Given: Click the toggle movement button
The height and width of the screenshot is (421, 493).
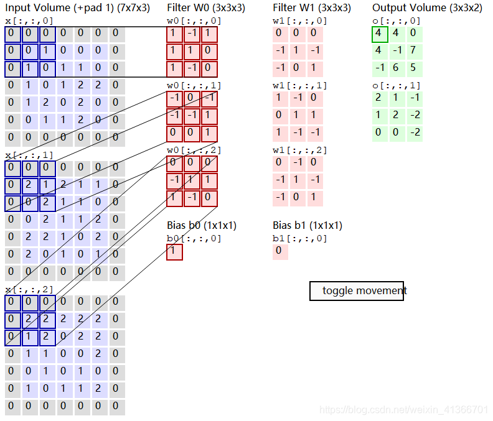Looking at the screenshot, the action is [x=357, y=290].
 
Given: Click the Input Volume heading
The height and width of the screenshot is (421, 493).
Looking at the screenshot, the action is [x=77, y=8].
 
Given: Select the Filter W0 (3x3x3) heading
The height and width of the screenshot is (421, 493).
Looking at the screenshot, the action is [x=205, y=8].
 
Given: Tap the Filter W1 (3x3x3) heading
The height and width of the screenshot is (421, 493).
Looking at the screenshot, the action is [x=311, y=8].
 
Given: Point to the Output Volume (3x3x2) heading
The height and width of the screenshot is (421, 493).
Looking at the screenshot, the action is [x=426, y=8].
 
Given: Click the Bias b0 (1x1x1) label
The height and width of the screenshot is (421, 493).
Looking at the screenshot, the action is [x=202, y=225].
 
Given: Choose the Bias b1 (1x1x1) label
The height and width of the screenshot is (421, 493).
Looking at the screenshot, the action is [x=308, y=225].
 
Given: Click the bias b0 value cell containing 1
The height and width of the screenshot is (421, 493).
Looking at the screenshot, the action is [x=174, y=252].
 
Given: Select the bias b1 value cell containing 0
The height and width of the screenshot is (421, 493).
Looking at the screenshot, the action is [x=280, y=252].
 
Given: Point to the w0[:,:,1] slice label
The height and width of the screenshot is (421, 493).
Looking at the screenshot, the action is [x=194, y=85].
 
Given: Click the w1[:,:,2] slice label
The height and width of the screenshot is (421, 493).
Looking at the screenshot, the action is [x=299, y=150].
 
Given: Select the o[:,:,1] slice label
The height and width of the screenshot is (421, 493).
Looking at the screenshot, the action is [x=396, y=85].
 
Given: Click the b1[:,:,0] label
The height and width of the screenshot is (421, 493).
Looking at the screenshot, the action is [x=299, y=238].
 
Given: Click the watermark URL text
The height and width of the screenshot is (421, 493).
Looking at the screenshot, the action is [x=403, y=410].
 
